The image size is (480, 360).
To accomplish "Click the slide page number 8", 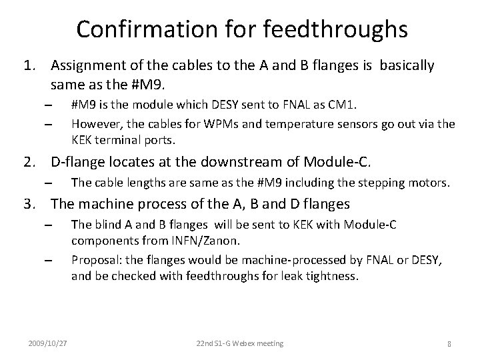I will tap(450, 343).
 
